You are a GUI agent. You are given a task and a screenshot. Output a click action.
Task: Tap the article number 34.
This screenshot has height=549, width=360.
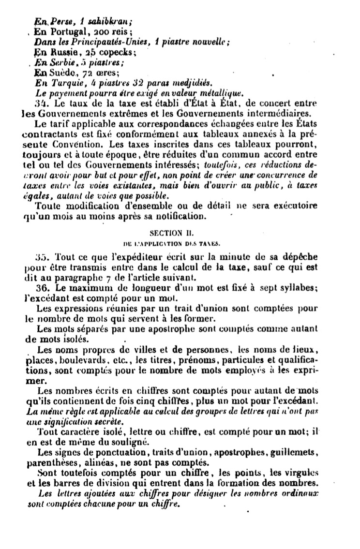pos(40,103)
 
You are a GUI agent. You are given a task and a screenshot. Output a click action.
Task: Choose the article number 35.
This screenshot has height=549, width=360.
pos(40,257)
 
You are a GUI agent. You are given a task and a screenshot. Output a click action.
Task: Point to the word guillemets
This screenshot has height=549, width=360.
pos(296,452)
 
